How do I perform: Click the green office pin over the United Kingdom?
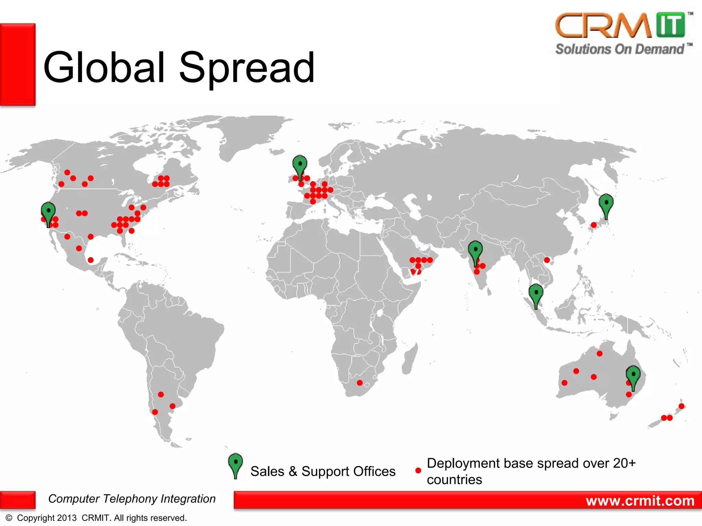coord(300,165)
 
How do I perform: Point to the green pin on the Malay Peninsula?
coord(536,294)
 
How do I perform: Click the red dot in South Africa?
coord(360,383)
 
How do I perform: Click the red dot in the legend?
coord(418,471)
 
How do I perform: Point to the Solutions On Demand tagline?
coord(620,49)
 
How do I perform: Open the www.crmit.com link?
coord(640,501)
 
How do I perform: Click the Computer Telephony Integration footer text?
coord(132,499)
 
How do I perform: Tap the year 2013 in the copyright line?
coord(67,518)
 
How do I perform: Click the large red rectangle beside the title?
coord(17,64)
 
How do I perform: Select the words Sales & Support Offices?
coord(323,471)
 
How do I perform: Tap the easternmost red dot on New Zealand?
coord(681,406)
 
